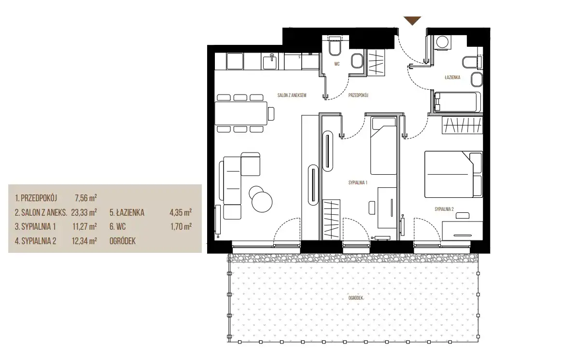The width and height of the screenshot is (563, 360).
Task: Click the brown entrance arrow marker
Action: (x=412, y=21)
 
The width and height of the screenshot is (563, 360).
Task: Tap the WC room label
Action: (x=337, y=64)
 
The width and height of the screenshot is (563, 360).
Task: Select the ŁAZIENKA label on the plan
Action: (x=452, y=77)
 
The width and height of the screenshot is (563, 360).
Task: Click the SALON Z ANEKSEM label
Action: (x=292, y=96)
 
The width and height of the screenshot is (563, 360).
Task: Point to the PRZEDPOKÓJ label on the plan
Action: (x=358, y=96)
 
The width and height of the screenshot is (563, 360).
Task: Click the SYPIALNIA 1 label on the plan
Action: (x=358, y=183)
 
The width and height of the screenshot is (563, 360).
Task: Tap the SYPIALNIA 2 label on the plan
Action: (x=444, y=209)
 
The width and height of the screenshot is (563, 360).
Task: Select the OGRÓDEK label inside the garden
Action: (x=355, y=298)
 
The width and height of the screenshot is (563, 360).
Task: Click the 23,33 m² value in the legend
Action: (x=84, y=212)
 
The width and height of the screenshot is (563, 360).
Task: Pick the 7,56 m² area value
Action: (x=86, y=198)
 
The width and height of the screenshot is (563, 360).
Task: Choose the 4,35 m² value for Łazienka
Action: (x=181, y=212)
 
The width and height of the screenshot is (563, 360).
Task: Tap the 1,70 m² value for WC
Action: (x=181, y=226)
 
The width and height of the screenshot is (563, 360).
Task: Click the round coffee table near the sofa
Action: (x=262, y=201)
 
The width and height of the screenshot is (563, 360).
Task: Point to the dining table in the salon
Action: (x=241, y=113)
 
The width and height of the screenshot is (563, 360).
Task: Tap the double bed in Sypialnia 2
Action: (x=453, y=174)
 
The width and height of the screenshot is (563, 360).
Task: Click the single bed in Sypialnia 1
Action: (x=383, y=146)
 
